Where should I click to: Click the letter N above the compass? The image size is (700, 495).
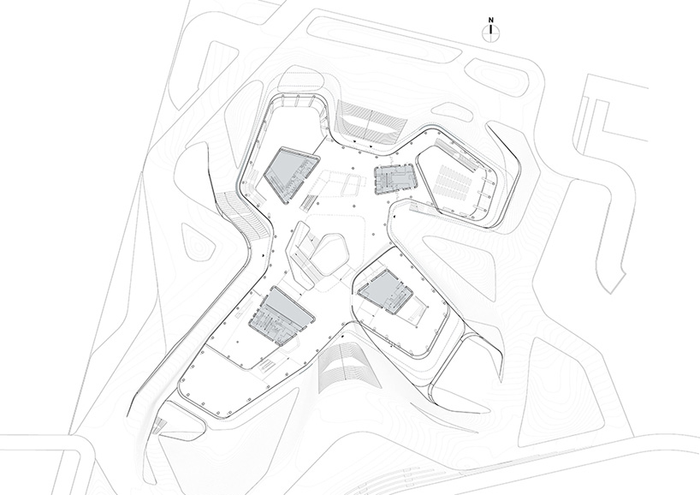(x=490, y=20)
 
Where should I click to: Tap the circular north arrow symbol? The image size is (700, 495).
(x=490, y=33)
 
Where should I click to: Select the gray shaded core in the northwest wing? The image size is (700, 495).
(x=291, y=173)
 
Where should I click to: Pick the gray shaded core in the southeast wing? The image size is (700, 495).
(x=385, y=292)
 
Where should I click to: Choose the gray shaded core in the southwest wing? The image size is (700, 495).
(x=282, y=316)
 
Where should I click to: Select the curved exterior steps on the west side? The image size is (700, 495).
(x=245, y=213)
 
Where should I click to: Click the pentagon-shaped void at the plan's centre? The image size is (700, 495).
(x=329, y=254)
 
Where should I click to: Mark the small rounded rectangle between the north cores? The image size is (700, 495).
(x=352, y=184)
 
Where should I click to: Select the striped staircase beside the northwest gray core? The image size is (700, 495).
(x=308, y=202)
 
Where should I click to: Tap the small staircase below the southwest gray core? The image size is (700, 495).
(x=268, y=366)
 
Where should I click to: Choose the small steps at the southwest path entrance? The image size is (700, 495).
(x=158, y=426)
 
